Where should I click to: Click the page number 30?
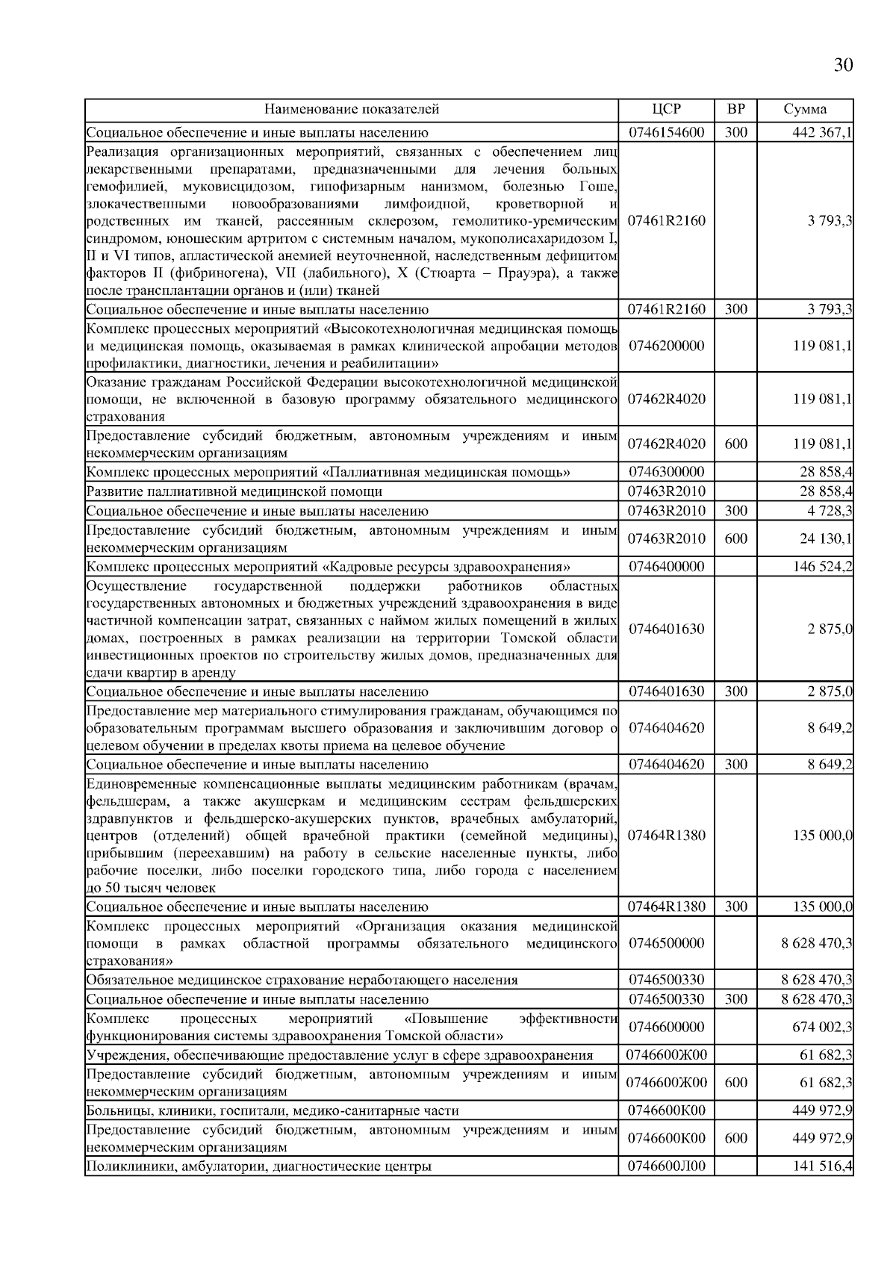[842, 66]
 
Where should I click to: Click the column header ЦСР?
[666, 109]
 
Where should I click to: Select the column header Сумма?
[805, 109]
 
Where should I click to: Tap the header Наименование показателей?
[352, 109]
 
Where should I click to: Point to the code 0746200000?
[666, 346]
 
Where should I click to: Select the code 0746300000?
[666, 472]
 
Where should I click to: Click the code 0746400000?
[666, 567]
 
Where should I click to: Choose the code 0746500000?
[666, 943]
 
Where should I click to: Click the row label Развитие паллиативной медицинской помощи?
[234, 491]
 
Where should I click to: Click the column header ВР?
[735, 109]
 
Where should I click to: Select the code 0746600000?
[666, 1028]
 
